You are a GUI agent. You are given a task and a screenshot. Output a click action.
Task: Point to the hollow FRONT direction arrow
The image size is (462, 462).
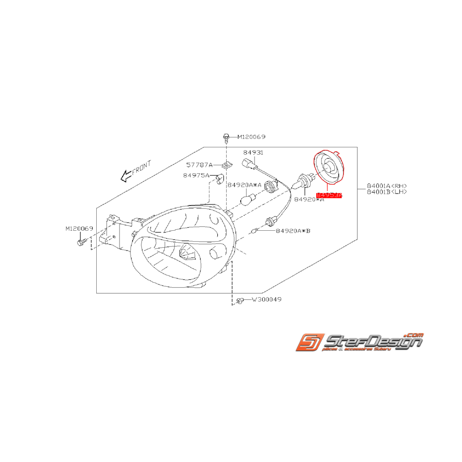tap(126, 175)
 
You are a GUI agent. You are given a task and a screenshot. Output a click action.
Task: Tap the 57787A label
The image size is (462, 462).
tap(199, 164)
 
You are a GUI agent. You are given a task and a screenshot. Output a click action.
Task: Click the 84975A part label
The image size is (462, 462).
tap(196, 175)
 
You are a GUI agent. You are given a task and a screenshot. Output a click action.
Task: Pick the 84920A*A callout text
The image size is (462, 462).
tap(244, 185)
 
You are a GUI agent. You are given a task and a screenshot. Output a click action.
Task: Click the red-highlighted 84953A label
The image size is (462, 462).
tap(329, 196)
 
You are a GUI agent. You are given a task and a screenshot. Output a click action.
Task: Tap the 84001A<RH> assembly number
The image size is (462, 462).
tap(387, 186)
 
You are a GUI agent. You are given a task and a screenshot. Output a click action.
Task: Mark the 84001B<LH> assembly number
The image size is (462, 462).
tap(387, 192)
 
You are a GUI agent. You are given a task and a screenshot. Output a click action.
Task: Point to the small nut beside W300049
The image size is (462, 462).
tap(240, 300)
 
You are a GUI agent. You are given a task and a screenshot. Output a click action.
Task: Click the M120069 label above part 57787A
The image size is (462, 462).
tap(251, 136)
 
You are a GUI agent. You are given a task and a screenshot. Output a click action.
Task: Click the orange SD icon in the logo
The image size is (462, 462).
tap(308, 342)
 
